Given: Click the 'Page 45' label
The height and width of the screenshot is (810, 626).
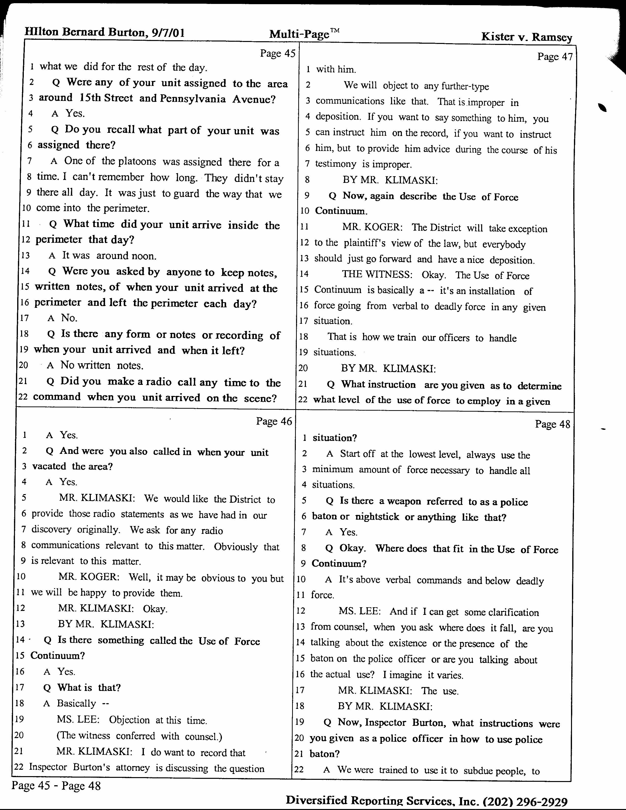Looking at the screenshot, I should (277, 54).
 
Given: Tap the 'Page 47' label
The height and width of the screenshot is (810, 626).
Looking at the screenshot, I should (555, 56).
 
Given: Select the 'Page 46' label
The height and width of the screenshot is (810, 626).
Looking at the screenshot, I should (274, 421).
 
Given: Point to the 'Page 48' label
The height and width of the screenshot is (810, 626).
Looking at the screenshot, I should (552, 424).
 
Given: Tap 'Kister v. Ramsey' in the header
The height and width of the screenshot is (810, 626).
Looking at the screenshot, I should (526, 37).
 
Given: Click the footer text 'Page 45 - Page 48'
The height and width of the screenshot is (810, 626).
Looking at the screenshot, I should (56, 785).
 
